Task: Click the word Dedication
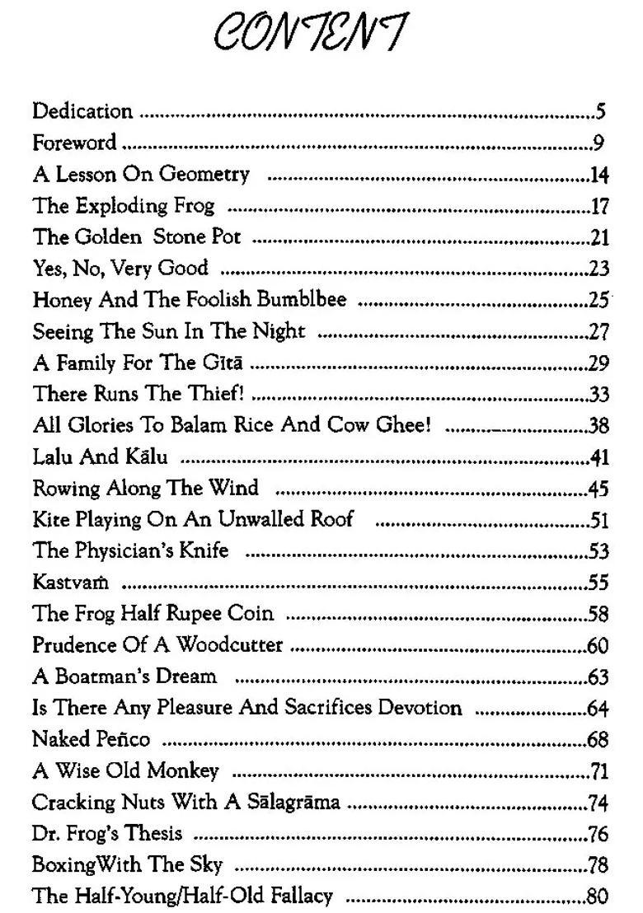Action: pyautogui.click(x=82, y=111)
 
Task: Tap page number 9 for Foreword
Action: pyautogui.click(x=599, y=143)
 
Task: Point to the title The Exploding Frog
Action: pyautogui.click(x=124, y=205)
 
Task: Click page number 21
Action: pyautogui.click(x=599, y=238)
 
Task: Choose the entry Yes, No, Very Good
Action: pyautogui.click(x=120, y=269)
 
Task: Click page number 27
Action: pyautogui.click(x=599, y=332)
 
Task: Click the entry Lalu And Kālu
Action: pyautogui.click(x=100, y=457)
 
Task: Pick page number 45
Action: pyautogui.click(x=598, y=489)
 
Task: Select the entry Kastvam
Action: pyautogui.click(x=71, y=583)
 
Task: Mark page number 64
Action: pyautogui.click(x=598, y=709)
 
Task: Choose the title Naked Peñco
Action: pyautogui.click(x=92, y=739)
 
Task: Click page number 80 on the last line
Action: pyautogui.click(x=597, y=897)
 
